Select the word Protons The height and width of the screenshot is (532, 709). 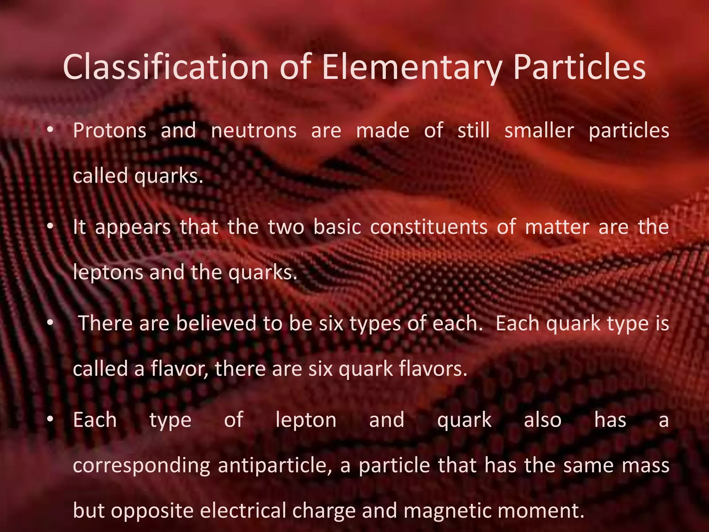click(x=110, y=131)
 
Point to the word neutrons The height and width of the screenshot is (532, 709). click(x=254, y=131)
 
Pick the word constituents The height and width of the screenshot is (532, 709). click(x=429, y=227)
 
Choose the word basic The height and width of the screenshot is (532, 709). click(x=337, y=227)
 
